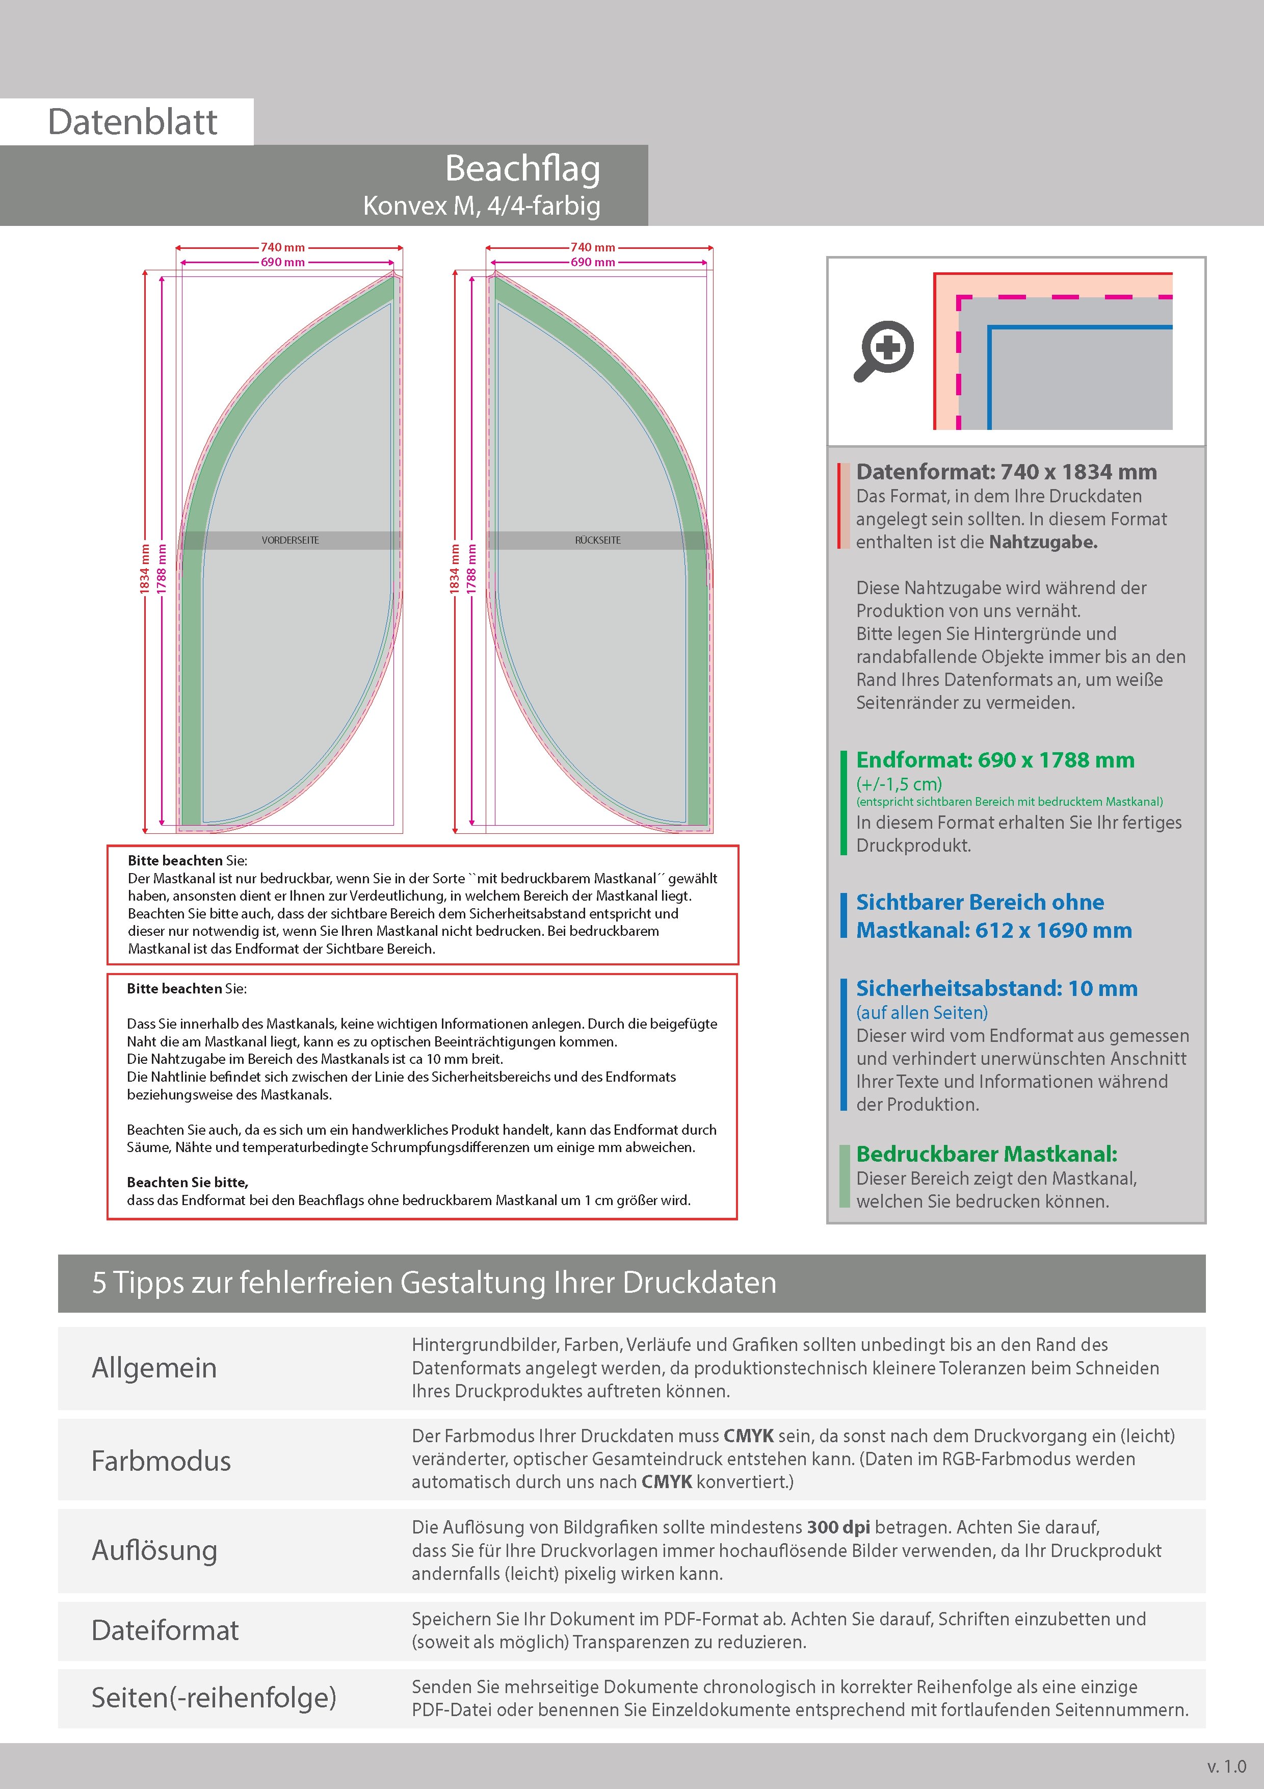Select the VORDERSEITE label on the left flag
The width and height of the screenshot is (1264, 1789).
tap(291, 540)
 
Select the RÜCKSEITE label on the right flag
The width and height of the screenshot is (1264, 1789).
tap(598, 540)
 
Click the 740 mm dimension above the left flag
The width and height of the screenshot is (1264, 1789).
tap(283, 247)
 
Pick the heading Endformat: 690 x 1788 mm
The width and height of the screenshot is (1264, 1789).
tap(994, 760)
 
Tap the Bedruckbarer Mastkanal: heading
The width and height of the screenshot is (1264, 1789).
tap(986, 1154)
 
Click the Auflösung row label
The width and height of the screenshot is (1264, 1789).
tap(154, 1550)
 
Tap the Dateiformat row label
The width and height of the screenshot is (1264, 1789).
tap(165, 1630)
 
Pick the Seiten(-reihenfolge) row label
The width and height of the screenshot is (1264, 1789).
tap(214, 1697)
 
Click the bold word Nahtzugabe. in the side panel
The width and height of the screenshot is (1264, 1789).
tap(1043, 542)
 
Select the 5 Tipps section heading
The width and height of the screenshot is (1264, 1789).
tap(434, 1283)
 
